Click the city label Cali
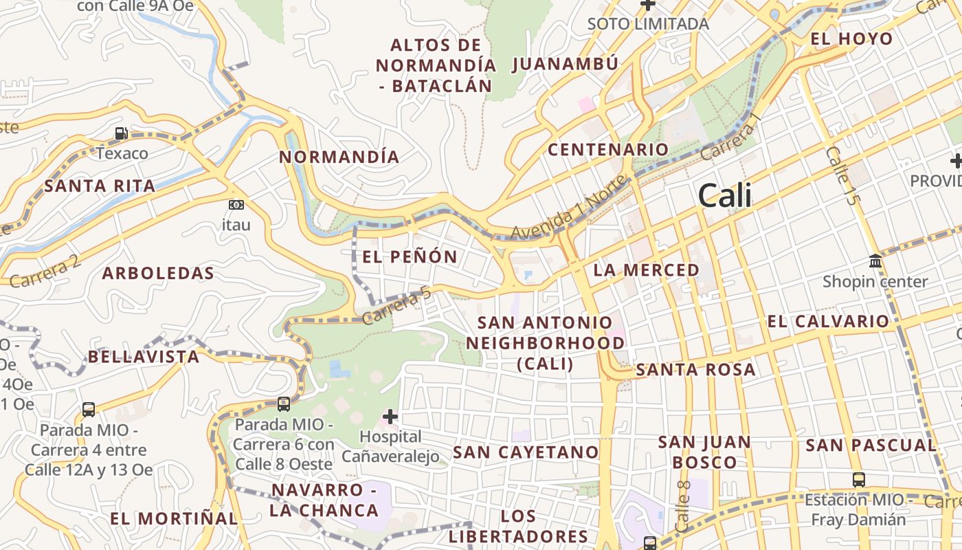[724, 197]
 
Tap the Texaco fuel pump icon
[122, 133]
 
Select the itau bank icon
[236, 205]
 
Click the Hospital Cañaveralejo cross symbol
[390, 417]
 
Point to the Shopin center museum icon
[875, 261]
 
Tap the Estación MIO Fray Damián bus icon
[858, 479]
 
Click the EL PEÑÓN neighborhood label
[410, 257]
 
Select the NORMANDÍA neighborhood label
[339, 157]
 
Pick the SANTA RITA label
[100, 186]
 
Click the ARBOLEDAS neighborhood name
[158, 274]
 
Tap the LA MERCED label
[646, 270]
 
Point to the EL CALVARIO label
[828, 321]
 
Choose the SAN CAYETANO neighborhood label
[526, 452]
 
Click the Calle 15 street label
[842, 175]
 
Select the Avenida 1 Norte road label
[569, 210]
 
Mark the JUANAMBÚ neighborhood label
[565, 64]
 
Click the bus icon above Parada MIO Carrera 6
[283, 404]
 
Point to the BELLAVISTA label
[144, 357]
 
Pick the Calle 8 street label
[683, 506]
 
